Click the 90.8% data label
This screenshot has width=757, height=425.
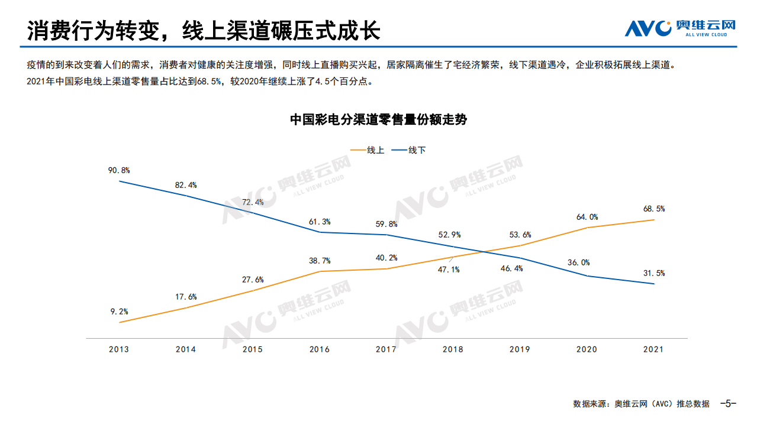tap(119, 170)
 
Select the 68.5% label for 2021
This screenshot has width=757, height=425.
tap(653, 209)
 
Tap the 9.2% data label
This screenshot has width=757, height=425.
tap(119, 312)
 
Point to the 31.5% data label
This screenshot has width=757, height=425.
tap(653, 273)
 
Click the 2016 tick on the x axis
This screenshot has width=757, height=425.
tap(320, 349)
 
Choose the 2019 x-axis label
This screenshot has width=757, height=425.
tap(520, 349)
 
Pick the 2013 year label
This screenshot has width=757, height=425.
tap(119, 349)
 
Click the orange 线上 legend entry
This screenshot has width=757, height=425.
tap(368, 150)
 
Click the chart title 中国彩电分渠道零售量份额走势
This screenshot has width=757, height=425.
tap(378, 119)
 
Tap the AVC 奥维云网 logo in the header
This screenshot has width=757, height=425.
tap(680, 28)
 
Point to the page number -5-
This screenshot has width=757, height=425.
tap(727, 404)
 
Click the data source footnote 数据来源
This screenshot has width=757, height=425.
tap(641, 404)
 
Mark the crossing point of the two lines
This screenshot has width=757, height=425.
tap(485, 252)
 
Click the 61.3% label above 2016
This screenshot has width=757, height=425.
tap(320, 222)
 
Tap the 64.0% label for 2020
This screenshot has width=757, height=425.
tap(587, 217)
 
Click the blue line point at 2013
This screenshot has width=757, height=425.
tap(119, 181)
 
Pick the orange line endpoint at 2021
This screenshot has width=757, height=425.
tap(653, 220)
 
